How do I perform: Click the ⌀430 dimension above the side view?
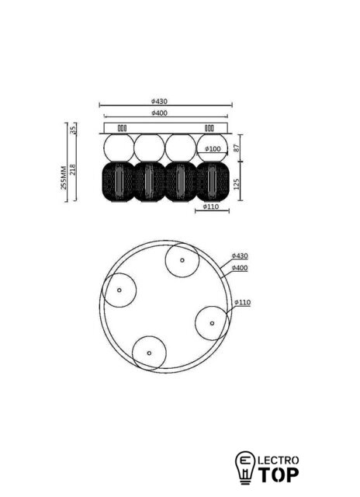[x=159, y=102]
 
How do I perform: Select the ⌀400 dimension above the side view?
[x=159, y=113]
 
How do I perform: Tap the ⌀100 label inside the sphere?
[x=213, y=148]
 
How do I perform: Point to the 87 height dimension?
[x=237, y=148]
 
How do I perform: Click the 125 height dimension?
[x=237, y=184]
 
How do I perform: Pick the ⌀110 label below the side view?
[x=211, y=207]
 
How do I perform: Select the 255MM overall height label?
[x=64, y=178]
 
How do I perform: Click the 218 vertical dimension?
[x=73, y=169]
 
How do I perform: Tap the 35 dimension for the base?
[x=73, y=130]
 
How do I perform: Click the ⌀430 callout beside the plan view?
[x=240, y=255]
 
